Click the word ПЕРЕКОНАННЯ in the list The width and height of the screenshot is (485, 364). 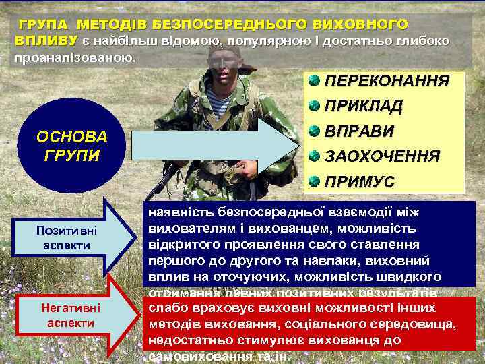387,82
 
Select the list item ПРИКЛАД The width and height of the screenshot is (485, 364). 364,107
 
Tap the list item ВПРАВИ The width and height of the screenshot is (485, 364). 358,131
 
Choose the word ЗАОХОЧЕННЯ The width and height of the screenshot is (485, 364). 383,156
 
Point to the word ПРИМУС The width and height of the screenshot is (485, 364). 358,181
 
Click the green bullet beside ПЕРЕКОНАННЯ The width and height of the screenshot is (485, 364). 315,81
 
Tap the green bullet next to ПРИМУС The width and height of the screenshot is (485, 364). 315,181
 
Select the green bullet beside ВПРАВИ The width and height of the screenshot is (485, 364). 315,131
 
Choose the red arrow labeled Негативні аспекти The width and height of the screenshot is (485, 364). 67,315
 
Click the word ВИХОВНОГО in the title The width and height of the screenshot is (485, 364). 360,25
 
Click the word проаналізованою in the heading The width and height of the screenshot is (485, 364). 74,57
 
